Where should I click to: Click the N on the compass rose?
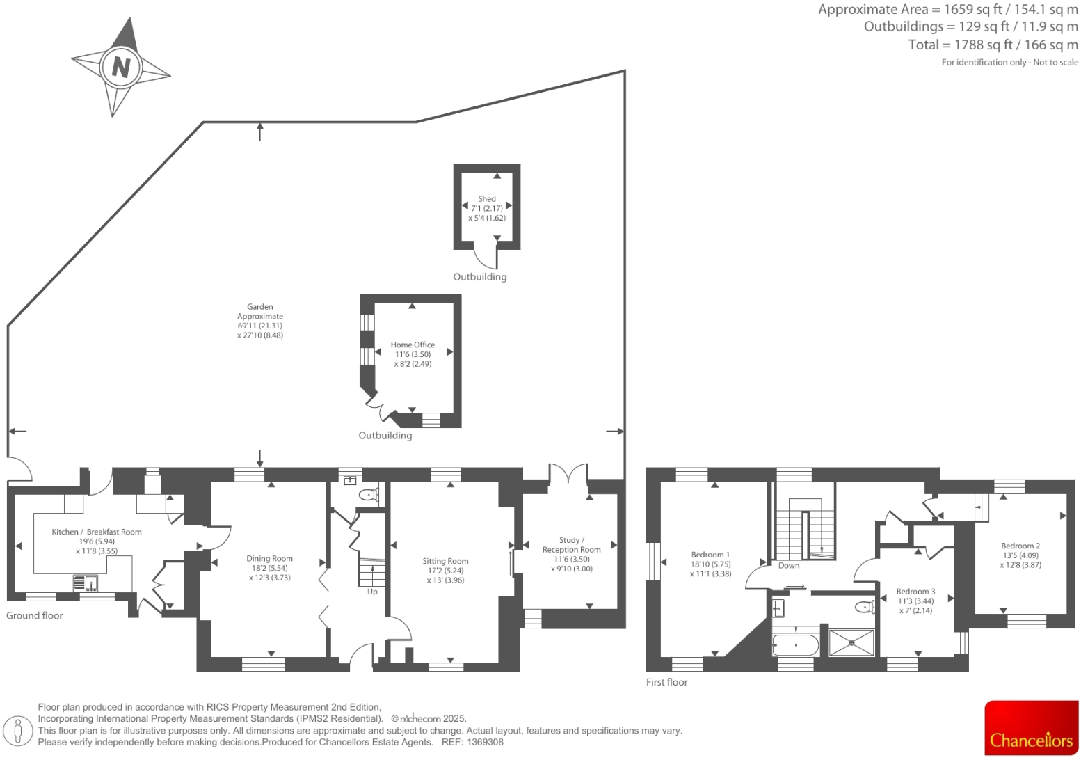[x=121, y=68]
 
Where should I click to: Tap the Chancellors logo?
[x=1031, y=728]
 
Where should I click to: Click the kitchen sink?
[x=86, y=582]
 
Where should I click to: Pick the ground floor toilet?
[x=367, y=495]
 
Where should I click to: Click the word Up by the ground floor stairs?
[x=372, y=592]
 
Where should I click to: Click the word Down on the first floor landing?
[x=789, y=565]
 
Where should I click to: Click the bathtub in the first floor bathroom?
[x=796, y=644]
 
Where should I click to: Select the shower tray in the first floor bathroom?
[x=851, y=642]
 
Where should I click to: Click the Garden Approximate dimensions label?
[x=260, y=321]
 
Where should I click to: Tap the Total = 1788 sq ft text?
[x=993, y=45]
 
